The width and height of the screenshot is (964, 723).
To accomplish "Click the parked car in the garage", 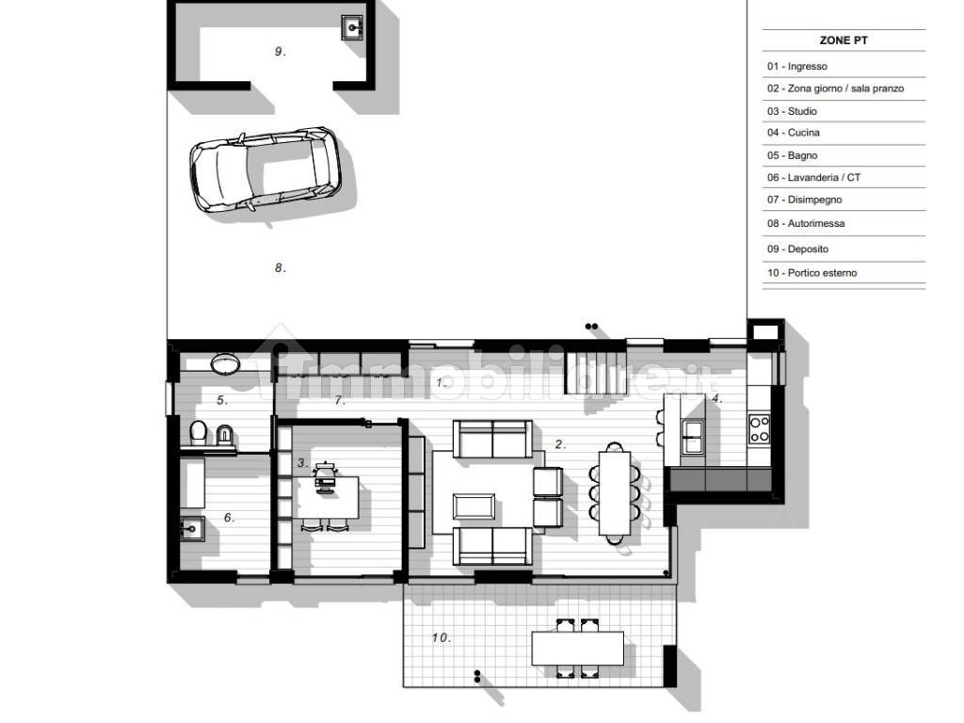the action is tap(265, 170).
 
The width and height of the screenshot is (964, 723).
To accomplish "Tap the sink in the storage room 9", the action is tap(353, 27).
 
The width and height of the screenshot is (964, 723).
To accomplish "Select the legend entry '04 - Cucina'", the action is tap(793, 133).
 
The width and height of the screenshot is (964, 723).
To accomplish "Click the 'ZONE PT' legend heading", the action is tap(843, 40).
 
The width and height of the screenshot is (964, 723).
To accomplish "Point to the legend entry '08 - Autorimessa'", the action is tap(806, 224).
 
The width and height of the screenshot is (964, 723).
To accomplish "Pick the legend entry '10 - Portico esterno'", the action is tap(811, 273).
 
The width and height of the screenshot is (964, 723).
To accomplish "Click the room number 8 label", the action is tap(280, 267).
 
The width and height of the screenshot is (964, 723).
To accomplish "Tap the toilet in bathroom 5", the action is tap(198, 432).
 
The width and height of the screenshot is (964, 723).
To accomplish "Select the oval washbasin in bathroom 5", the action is tap(226, 363).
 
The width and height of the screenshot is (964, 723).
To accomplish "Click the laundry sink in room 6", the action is tap(192, 528).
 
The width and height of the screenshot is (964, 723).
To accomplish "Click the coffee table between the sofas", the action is tap(474, 506).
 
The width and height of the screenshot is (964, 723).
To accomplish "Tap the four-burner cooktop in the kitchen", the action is tap(760, 429).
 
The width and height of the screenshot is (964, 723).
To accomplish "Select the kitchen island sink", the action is tap(692, 436).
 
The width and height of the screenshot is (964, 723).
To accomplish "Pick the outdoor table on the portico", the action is tap(577, 648).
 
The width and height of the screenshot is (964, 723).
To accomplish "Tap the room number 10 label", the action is tap(441, 637).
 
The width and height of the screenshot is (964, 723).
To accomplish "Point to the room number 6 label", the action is tap(229, 518).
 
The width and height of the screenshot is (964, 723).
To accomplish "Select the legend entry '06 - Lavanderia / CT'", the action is tap(813, 178).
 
